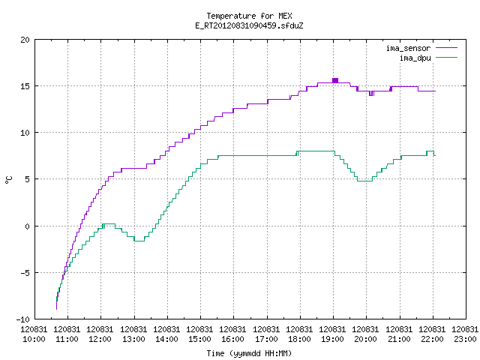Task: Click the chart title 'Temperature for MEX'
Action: click(249, 16)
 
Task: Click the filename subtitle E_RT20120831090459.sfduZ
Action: click(249, 25)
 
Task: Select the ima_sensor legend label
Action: click(408, 48)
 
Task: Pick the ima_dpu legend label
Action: click(415, 58)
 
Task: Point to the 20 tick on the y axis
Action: click(25, 40)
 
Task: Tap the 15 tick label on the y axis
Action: click(25, 86)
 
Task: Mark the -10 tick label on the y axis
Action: click(23, 319)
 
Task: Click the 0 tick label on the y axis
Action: click(28, 226)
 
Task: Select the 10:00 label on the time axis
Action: click(34, 340)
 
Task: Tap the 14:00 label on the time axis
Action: click(166, 340)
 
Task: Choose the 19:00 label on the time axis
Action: click(333, 340)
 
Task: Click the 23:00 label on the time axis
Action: click(465, 340)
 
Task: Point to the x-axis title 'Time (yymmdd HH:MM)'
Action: click(249, 353)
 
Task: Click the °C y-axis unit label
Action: click(9, 180)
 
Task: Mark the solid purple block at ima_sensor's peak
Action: click(335, 80)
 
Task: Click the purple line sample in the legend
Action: click(447, 48)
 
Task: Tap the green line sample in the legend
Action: click(447, 58)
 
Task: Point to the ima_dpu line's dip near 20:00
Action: click(365, 181)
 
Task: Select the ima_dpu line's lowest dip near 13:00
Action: click(139, 241)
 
